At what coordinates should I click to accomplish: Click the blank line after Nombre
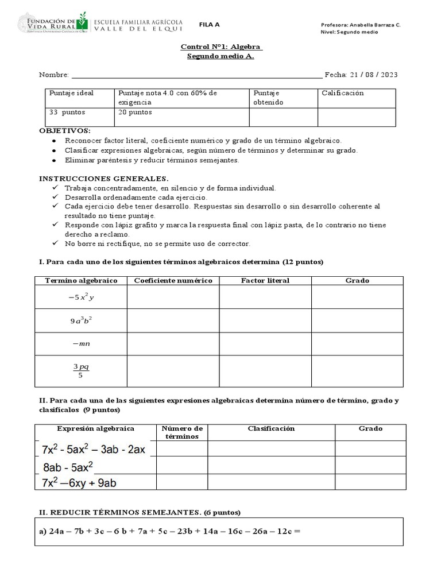195,75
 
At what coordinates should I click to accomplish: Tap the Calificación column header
343,93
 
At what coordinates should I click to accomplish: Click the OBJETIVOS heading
64,131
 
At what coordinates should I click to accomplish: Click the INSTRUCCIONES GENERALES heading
103,179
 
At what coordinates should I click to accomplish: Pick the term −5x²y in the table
81,297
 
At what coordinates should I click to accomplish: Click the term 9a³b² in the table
81,321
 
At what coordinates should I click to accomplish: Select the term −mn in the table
81,344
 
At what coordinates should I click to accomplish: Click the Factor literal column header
265,280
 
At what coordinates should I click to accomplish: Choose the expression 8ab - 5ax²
68,466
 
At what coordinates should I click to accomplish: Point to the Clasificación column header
271,428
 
